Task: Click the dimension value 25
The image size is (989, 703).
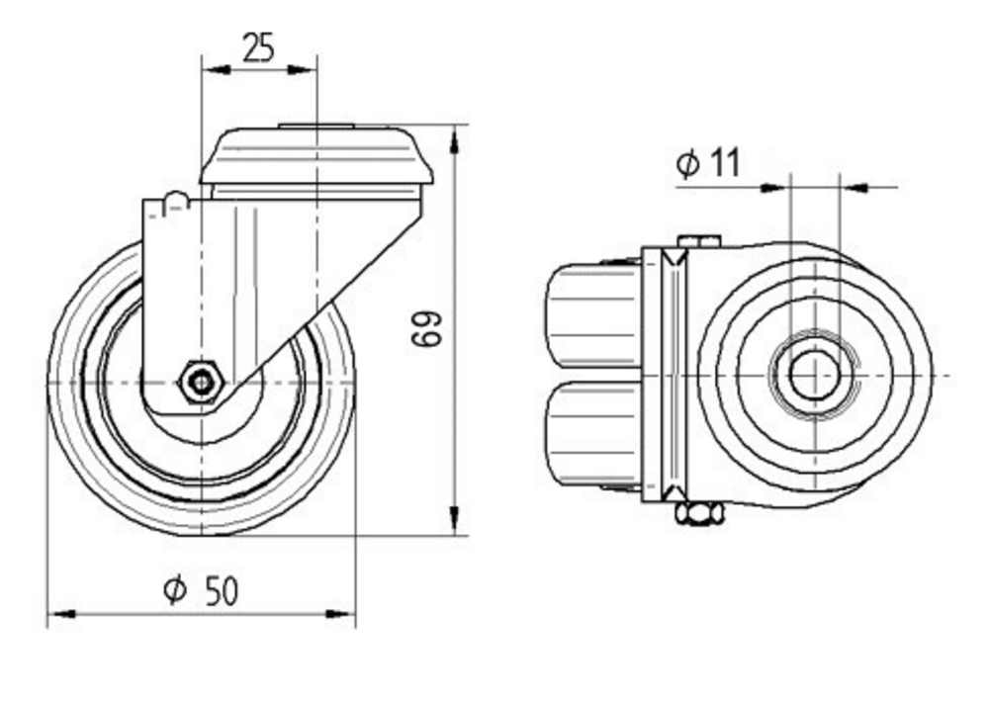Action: point(258,46)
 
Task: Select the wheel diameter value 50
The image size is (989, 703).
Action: point(222,591)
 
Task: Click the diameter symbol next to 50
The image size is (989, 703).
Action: point(174,591)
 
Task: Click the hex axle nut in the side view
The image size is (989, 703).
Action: point(202,380)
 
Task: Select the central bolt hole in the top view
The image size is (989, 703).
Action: point(815,377)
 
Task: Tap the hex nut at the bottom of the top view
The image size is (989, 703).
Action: point(699,513)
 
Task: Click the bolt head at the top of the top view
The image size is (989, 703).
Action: point(700,240)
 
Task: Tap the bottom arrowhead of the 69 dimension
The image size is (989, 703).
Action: point(454,520)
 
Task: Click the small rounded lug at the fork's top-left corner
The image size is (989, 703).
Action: point(174,200)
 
